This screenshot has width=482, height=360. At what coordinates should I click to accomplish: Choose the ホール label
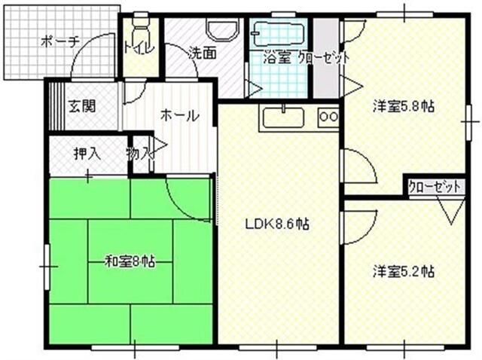click(x=179, y=116)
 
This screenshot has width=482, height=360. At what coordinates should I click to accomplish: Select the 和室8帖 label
click(x=130, y=261)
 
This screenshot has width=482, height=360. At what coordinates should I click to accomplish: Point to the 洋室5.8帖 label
click(x=403, y=106)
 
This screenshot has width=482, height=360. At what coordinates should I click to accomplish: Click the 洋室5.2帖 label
click(x=403, y=271)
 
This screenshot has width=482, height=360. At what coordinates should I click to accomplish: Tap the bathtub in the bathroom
click(x=278, y=35)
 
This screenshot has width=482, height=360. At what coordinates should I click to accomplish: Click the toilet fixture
click(x=139, y=29)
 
